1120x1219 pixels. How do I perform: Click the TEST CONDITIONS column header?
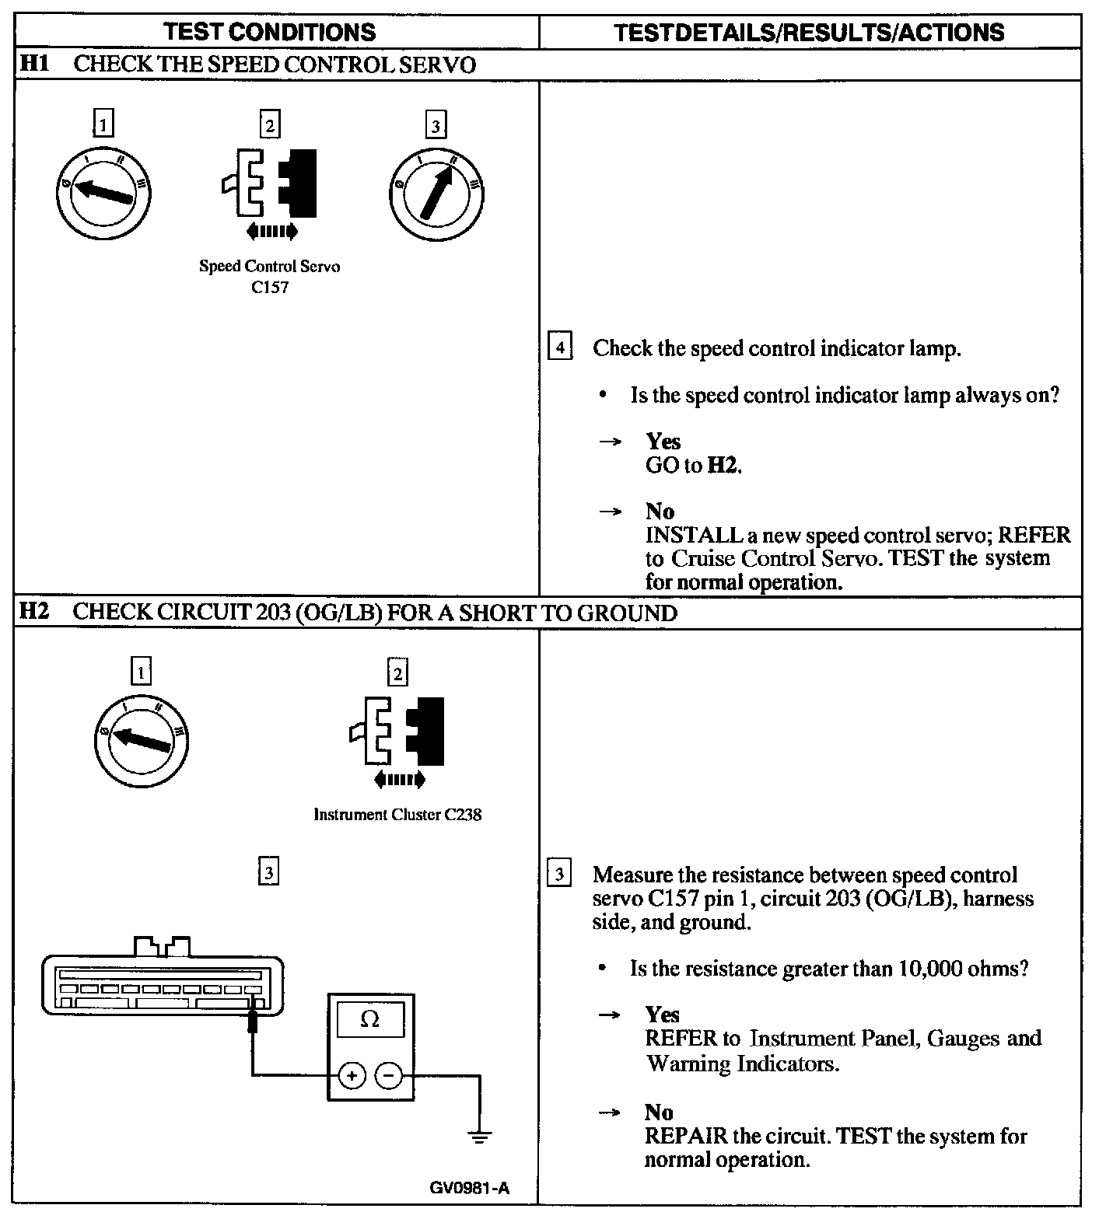click(270, 32)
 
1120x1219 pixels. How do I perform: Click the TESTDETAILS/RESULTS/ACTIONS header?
click(809, 32)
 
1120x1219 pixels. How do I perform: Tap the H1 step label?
click(33, 64)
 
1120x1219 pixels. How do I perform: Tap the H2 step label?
click(33, 612)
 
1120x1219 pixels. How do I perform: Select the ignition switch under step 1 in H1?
click(103, 192)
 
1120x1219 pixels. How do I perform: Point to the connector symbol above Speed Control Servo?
click(270, 183)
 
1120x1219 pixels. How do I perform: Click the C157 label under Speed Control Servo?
click(270, 288)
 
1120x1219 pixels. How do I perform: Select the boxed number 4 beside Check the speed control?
click(560, 347)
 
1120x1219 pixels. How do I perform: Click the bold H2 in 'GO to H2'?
click(723, 466)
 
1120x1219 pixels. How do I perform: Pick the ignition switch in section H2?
click(141, 739)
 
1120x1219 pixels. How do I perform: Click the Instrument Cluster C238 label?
click(397, 815)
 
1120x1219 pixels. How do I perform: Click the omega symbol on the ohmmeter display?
click(370, 1019)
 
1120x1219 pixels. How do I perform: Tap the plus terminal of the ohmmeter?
click(352, 1076)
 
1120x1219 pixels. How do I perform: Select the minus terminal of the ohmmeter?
click(389, 1076)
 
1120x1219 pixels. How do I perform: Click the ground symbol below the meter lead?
click(480, 1137)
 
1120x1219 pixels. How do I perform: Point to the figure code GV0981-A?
click(470, 1188)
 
